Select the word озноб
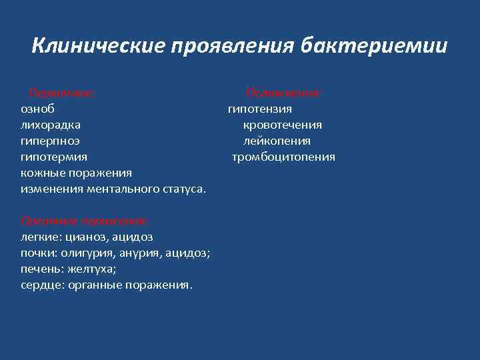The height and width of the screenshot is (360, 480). point(38,109)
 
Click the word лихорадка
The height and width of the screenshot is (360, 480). point(51,125)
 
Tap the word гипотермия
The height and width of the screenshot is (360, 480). point(54,157)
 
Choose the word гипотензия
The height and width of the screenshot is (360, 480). point(260,109)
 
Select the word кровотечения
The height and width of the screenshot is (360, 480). point(283,125)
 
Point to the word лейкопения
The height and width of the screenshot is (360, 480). point(277,141)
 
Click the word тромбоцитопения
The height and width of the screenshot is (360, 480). point(283,157)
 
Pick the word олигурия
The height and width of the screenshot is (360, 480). point(87,253)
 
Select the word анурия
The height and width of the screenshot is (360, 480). point(137,253)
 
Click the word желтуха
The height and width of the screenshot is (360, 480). point(89,269)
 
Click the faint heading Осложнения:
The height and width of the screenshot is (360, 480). point(284,93)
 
